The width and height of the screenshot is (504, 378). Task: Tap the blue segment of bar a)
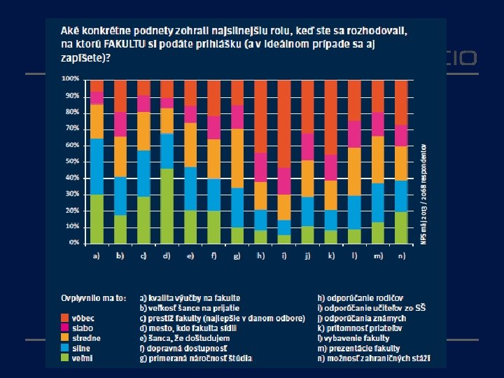97,167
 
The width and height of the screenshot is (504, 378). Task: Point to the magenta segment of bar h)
261,167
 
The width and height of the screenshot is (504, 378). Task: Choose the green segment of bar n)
401,227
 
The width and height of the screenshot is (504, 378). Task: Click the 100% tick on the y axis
70,78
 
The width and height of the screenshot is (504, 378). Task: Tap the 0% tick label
73,243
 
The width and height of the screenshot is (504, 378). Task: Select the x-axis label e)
190,256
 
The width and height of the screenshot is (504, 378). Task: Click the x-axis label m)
378,256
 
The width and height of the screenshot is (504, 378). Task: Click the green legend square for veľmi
64,358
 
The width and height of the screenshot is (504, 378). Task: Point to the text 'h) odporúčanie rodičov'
357,297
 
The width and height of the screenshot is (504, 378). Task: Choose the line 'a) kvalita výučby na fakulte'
190,297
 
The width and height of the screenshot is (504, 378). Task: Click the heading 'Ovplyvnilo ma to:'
92,298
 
